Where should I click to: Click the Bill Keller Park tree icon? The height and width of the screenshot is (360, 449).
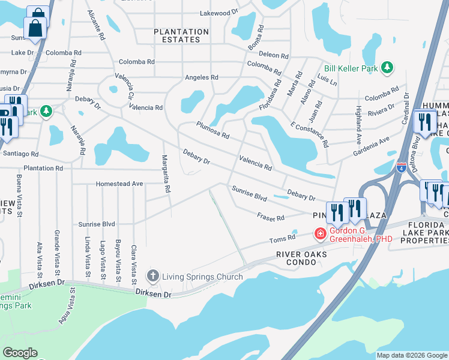click(388, 68)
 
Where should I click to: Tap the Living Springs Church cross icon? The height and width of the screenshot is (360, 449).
click(152, 276)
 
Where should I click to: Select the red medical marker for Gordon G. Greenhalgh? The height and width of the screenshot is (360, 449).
click(321, 233)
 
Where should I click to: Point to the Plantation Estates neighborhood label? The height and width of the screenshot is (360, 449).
click(181, 35)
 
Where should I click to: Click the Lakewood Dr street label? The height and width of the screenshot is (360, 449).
click(219, 13)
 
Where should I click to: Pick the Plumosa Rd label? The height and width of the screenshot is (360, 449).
click(212, 130)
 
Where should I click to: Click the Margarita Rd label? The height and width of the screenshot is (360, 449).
click(166, 175)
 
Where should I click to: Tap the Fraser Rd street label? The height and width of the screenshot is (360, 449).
click(271, 217)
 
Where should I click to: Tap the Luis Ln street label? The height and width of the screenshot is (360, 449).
click(327, 79)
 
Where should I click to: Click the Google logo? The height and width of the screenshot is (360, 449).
click(20, 353)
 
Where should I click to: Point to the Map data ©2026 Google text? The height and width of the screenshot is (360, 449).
click(412, 355)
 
